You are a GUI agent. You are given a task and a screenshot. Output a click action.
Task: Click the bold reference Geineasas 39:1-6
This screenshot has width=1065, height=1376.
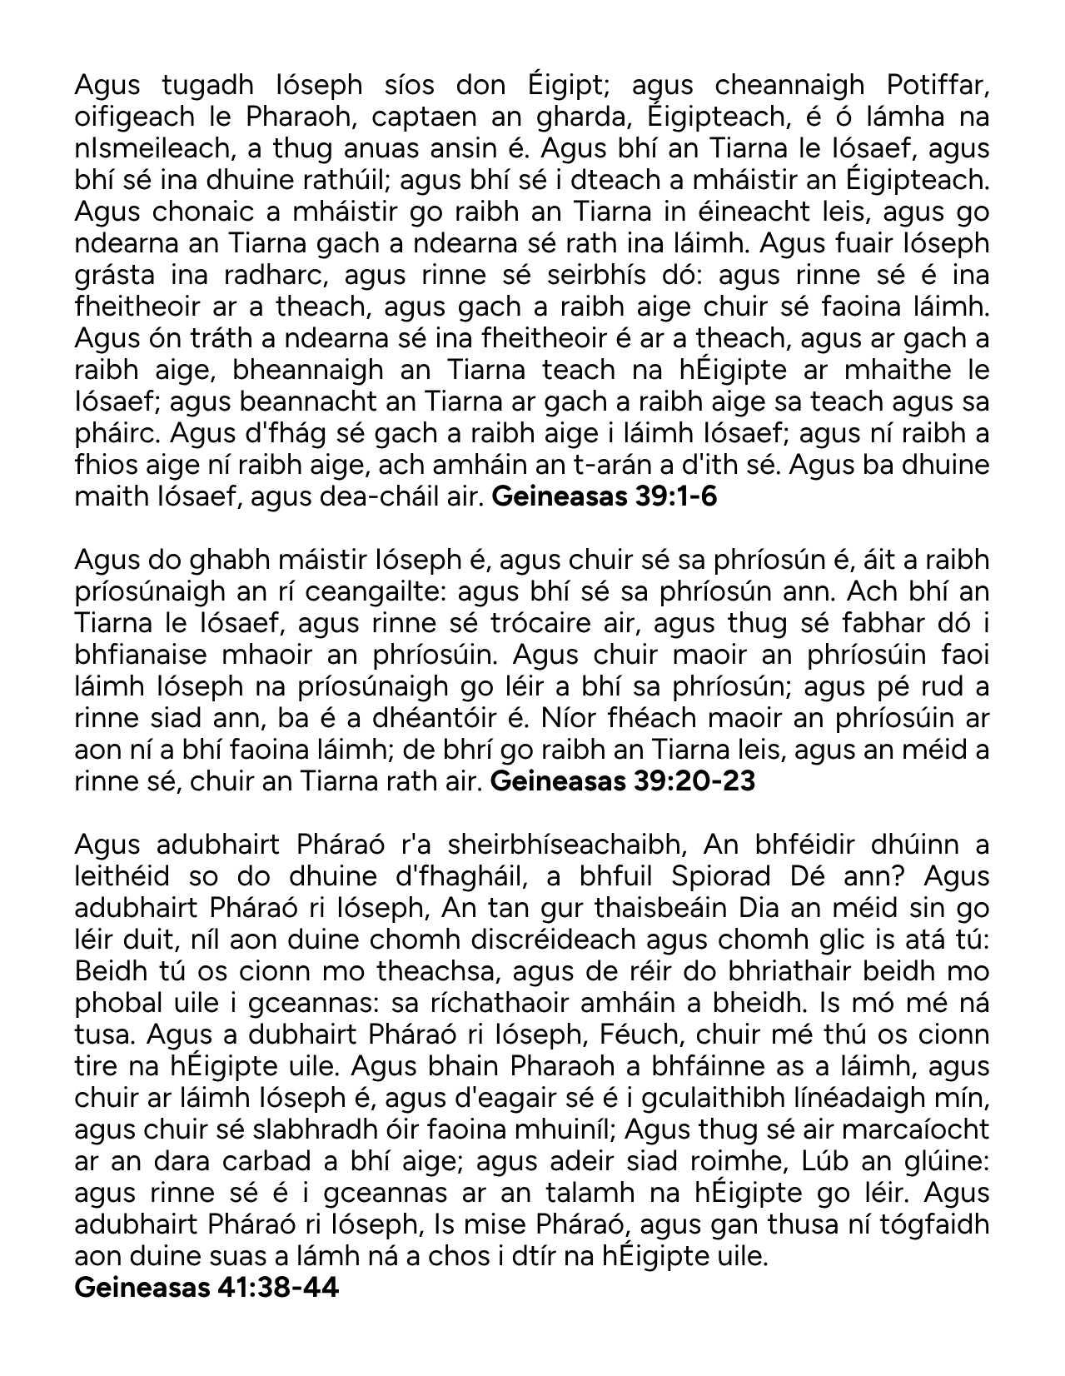(x=605, y=496)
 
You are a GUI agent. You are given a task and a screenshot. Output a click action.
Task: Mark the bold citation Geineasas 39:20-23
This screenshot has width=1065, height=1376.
(x=624, y=781)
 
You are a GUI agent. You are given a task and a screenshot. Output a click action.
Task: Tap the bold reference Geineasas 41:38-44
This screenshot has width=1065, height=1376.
(x=207, y=1288)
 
